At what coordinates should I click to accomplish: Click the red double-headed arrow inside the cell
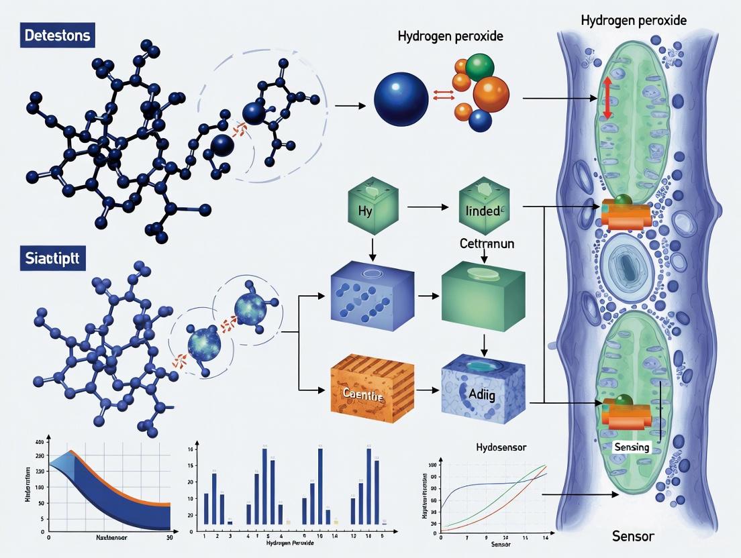(607, 99)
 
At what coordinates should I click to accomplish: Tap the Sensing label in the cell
(631, 447)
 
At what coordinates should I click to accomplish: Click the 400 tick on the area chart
(39, 443)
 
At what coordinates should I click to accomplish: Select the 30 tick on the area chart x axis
(169, 537)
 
